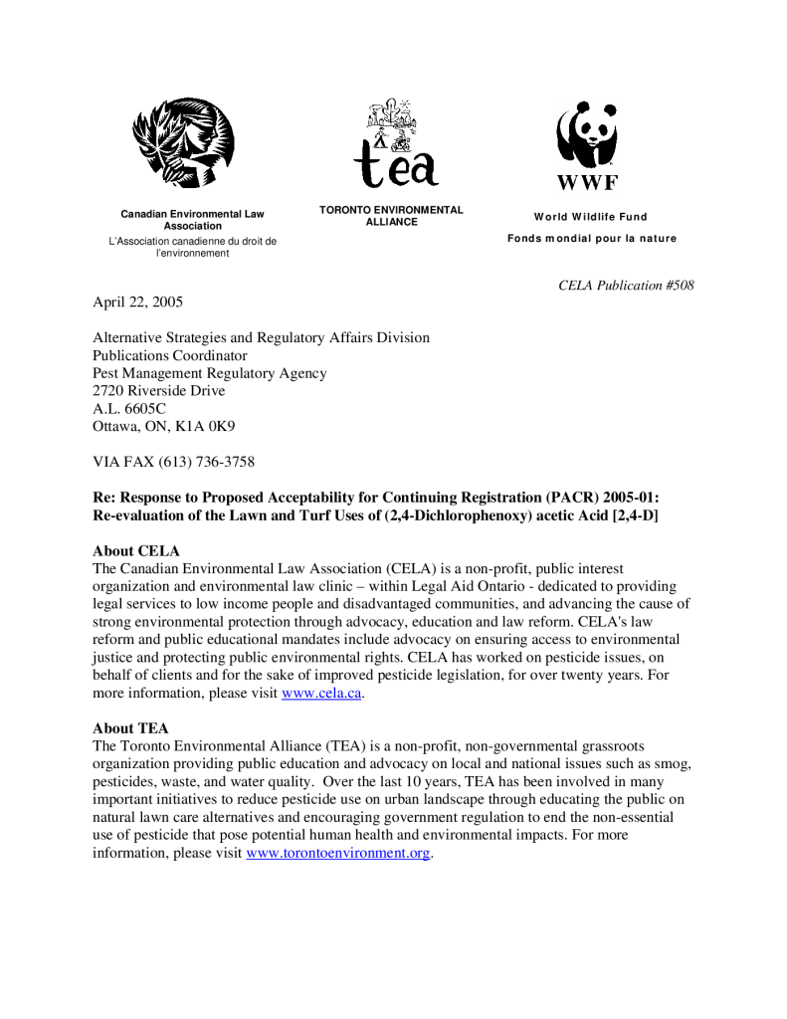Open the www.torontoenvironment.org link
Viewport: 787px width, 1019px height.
coord(338,854)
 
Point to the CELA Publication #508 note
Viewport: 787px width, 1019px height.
coord(626,286)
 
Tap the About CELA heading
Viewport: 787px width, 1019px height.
coord(135,550)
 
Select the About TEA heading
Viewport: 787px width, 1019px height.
coord(130,727)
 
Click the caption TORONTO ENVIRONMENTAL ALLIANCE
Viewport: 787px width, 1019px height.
coord(391,216)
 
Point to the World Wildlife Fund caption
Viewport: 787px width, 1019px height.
coord(590,217)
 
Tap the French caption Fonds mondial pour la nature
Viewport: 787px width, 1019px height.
coord(591,238)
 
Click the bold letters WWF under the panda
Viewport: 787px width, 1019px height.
coord(587,182)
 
